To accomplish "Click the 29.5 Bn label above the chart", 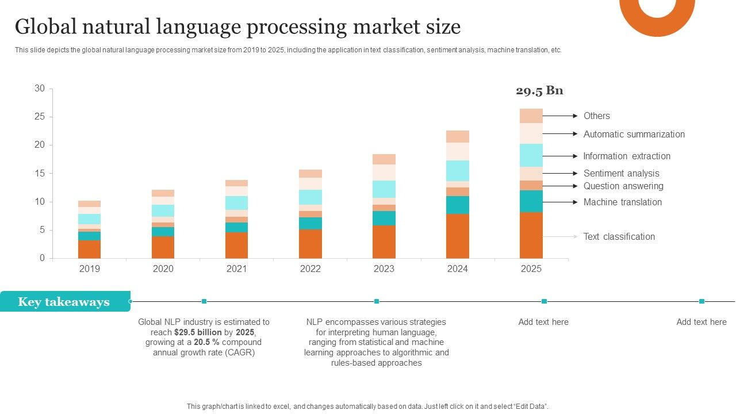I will [539, 91].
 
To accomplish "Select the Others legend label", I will [596, 116].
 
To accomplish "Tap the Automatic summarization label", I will [634, 135].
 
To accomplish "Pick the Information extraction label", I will [627, 156].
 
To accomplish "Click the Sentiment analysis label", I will [621, 174].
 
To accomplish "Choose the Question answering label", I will [623, 186].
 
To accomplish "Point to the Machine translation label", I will [622, 202].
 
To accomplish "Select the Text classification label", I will [619, 237].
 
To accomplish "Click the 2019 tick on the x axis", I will [89, 269].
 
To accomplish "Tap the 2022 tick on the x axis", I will [310, 269].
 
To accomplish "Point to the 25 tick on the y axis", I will [39, 117].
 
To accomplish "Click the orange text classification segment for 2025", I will [531, 235].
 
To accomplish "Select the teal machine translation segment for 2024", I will [457, 205].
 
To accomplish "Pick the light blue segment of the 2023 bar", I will [384, 189].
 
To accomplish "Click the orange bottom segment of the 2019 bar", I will [89, 249].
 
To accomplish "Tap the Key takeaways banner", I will [64, 302].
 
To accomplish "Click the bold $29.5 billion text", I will [198, 332].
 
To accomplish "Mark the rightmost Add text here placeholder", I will [701, 322].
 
